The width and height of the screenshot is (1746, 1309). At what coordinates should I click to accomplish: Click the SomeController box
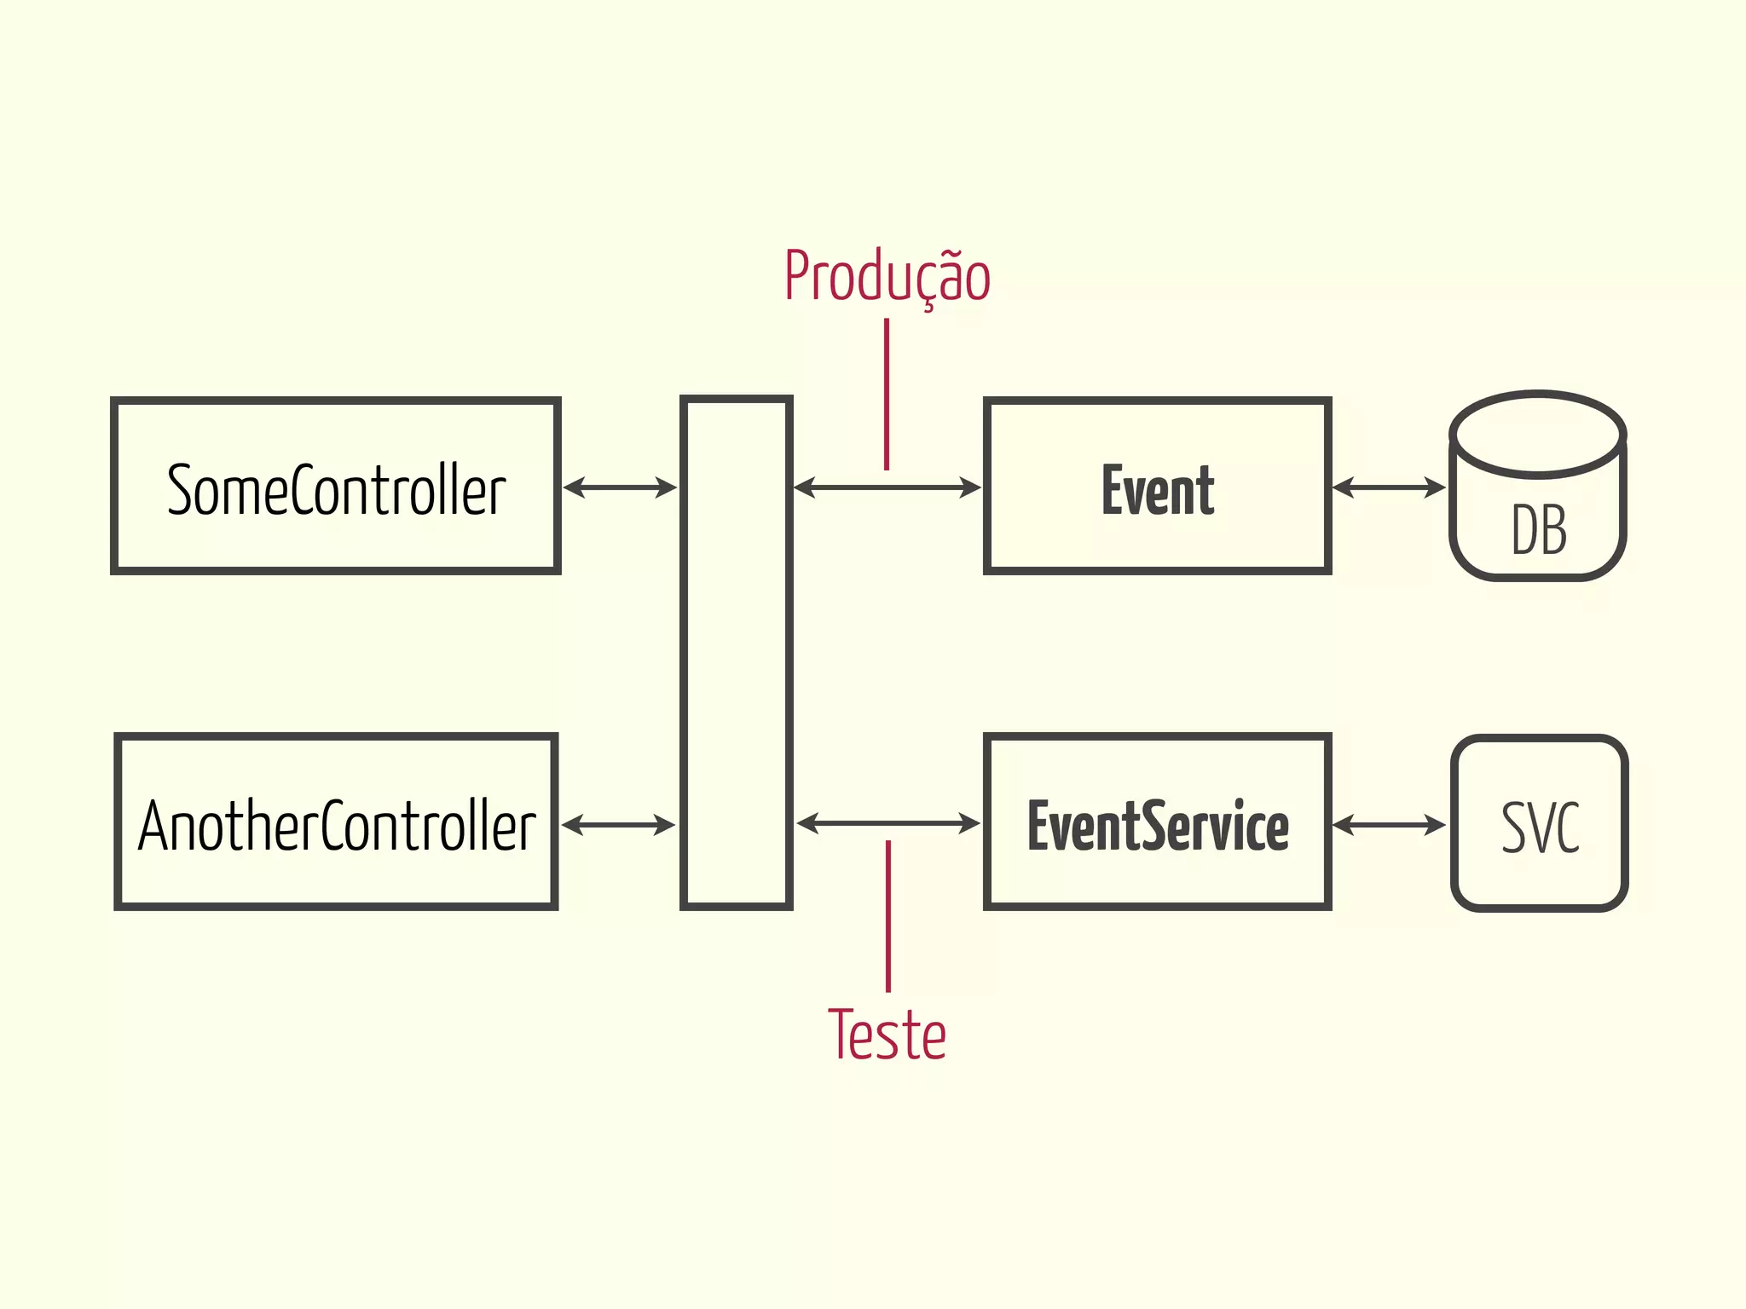click(336, 486)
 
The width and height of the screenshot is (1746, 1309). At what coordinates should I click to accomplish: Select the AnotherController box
click(336, 822)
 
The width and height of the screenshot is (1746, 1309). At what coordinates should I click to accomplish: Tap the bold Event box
click(1157, 486)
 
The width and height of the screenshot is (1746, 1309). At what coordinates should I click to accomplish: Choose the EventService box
click(1157, 822)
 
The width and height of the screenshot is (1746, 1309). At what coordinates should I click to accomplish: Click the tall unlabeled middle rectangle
click(737, 653)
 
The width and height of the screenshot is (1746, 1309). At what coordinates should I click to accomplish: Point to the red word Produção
click(887, 277)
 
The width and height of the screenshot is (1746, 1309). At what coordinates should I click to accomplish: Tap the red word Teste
click(887, 1035)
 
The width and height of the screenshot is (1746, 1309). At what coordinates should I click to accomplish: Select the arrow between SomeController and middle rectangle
click(620, 487)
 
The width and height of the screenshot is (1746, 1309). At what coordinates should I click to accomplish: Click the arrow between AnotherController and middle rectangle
click(618, 825)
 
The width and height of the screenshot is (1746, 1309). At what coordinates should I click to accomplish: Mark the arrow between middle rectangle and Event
click(887, 487)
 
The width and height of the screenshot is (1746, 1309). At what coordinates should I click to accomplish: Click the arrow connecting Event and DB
click(1389, 487)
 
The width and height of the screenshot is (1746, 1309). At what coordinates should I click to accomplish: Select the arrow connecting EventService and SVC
click(1389, 825)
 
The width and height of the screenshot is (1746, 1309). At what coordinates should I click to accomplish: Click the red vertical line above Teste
click(888, 916)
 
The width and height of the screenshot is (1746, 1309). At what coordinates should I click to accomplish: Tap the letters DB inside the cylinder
click(1539, 530)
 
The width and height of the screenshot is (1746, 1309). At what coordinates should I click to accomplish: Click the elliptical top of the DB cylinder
click(1538, 433)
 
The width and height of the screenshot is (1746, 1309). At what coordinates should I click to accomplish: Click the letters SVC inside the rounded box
click(1540, 827)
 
